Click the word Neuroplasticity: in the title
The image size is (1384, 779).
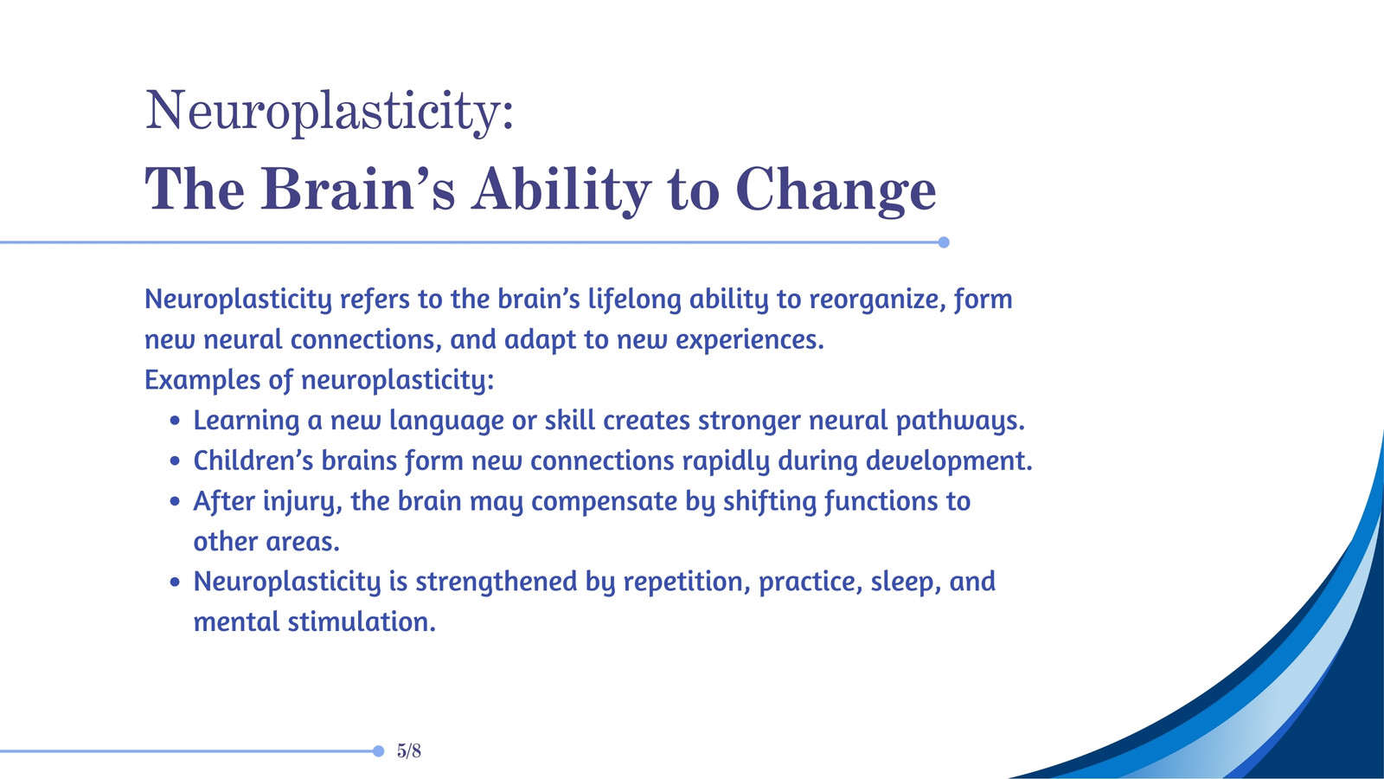pyautogui.click(x=330, y=112)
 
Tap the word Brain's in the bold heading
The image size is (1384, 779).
pyautogui.click(x=358, y=190)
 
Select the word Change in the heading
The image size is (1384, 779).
pyautogui.click(x=836, y=192)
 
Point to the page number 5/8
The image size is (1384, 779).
pyautogui.click(x=409, y=750)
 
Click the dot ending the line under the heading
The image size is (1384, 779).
pyautogui.click(x=944, y=242)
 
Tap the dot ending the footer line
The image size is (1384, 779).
pyautogui.click(x=379, y=751)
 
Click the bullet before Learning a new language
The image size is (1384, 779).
pyautogui.click(x=175, y=421)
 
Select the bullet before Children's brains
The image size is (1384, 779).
pyautogui.click(x=175, y=461)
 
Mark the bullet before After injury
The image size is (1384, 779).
pyautogui.click(x=175, y=501)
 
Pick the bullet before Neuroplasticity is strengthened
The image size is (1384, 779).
pyautogui.click(x=175, y=582)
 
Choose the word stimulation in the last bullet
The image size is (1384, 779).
pyautogui.click(x=362, y=622)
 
